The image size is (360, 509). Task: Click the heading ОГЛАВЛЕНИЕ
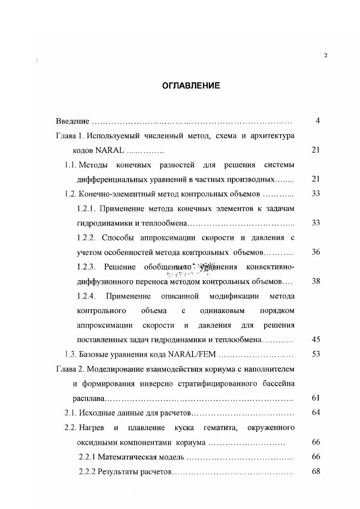(x=191, y=85)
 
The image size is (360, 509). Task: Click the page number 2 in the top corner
(x=326, y=55)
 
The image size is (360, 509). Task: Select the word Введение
(x=72, y=121)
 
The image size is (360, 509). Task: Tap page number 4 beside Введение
(x=318, y=121)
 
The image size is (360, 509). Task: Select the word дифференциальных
(x=113, y=179)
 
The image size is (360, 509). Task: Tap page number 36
(x=316, y=252)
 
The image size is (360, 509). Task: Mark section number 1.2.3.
(x=86, y=266)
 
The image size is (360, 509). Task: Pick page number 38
(x=316, y=281)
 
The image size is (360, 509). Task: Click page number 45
(x=316, y=339)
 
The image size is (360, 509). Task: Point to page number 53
(x=316, y=354)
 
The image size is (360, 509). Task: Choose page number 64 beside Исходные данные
(x=316, y=412)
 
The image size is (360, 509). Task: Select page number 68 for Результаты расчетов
(x=316, y=471)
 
